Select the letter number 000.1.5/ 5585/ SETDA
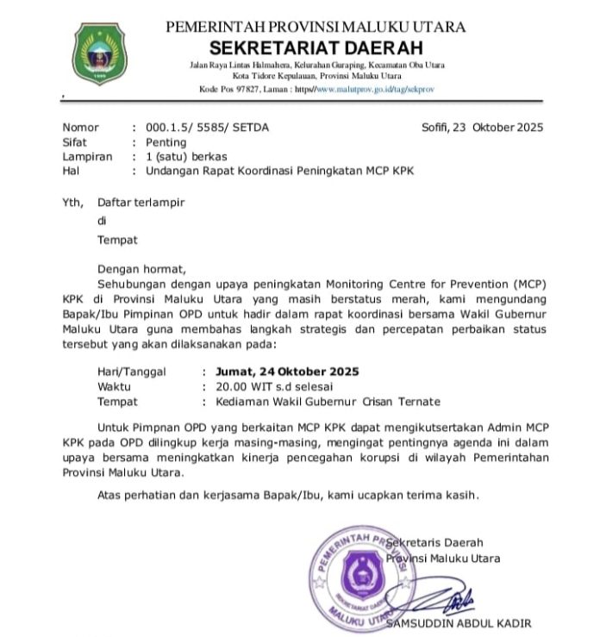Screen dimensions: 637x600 (207, 128)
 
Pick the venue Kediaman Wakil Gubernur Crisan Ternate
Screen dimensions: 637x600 (321, 402)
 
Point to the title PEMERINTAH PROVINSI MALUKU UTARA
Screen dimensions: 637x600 (316, 27)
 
